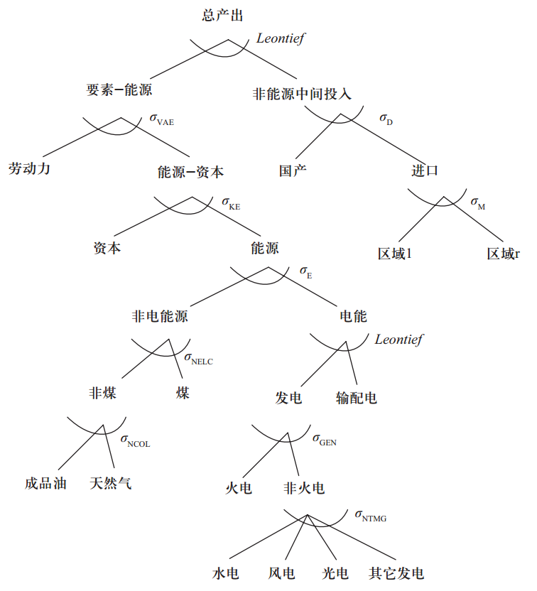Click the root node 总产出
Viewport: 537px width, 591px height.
[222, 15]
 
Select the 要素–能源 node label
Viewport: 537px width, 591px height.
[119, 90]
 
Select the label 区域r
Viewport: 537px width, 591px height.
[503, 254]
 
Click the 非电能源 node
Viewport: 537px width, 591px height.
[160, 316]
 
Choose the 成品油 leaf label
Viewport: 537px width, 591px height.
[45, 484]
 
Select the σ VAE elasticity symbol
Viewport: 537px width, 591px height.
[161, 119]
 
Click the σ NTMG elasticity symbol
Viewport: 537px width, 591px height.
[370, 516]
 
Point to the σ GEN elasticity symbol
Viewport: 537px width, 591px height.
[324, 439]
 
